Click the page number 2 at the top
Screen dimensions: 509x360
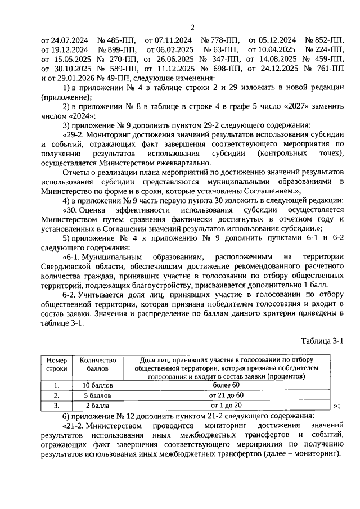coord(192,28)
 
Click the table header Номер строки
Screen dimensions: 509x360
coord(56,364)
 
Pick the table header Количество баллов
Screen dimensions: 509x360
coord(98,364)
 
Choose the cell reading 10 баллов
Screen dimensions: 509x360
coord(98,385)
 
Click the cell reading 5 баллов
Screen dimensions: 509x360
coord(98,395)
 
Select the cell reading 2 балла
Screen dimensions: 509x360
coord(98,405)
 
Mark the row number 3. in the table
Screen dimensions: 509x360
coord(56,405)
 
